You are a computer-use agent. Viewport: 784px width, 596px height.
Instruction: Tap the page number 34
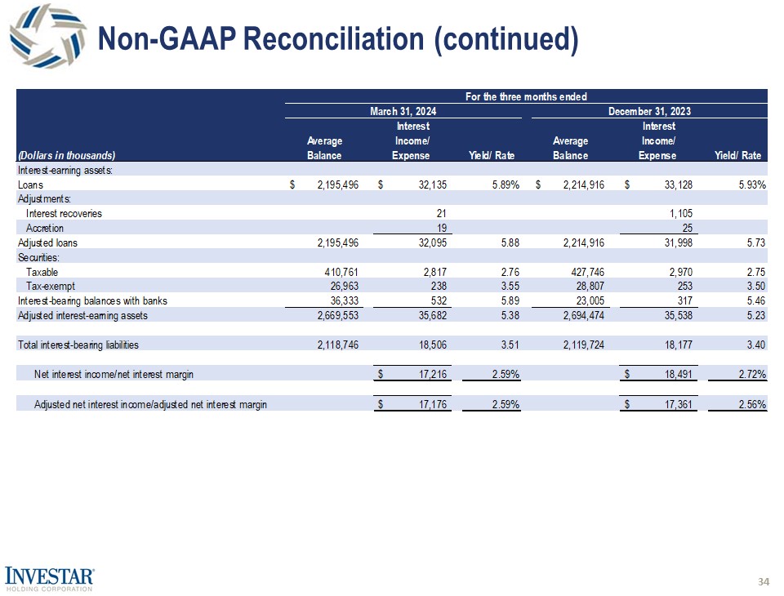pos(764,581)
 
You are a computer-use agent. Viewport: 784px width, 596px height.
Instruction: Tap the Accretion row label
pos(45,229)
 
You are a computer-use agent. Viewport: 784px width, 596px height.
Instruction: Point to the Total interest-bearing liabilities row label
pos(78,345)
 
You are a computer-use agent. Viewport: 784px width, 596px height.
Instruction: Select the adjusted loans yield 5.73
pos(755,243)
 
